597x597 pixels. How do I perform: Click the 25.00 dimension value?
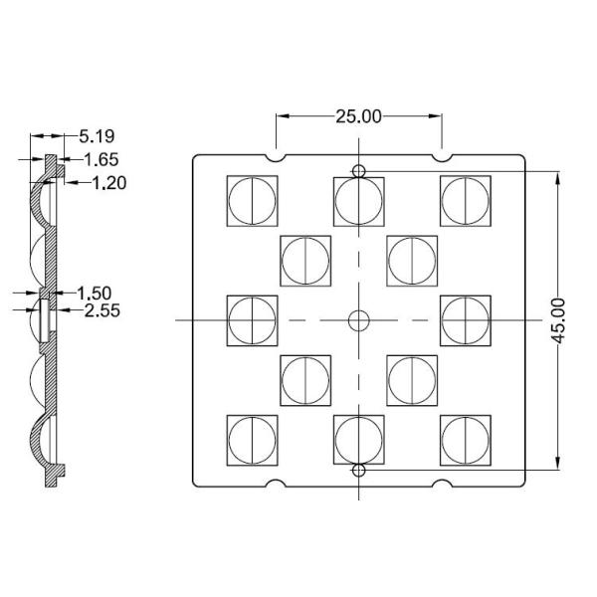[358, 116]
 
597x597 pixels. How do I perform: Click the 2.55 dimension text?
[103, 311]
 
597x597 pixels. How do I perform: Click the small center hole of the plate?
[358, 319]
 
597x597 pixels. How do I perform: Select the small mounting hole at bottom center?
[358, 469]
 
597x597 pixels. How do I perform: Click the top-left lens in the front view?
[253, 200]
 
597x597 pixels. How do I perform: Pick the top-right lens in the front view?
[466, 200]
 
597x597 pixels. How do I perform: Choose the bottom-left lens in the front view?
[253, 439]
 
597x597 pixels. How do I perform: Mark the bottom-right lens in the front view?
[466, 439]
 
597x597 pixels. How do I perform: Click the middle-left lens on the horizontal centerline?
[253, 319]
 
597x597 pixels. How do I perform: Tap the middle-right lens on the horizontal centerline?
[466, 319]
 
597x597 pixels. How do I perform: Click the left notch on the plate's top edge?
[276, 156]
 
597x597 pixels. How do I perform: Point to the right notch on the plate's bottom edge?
[441, 485]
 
